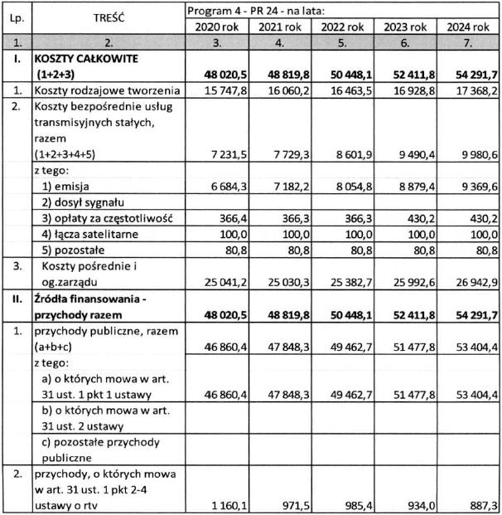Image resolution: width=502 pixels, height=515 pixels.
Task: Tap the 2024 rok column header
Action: [x=470, y=26]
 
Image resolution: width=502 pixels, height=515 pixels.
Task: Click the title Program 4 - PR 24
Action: [x=254, y=9]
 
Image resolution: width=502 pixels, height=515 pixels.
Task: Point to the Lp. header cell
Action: [x=16, y=17]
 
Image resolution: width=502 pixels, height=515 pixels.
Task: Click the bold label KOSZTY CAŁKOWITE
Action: [x=87, y=60]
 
